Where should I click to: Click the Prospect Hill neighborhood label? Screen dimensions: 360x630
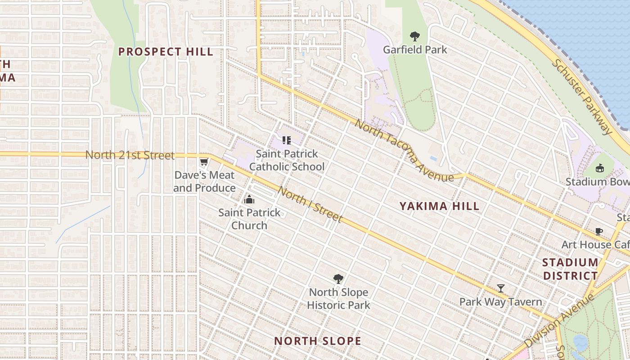tap(166, 52)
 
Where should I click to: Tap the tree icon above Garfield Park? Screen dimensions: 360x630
tap(415, 36)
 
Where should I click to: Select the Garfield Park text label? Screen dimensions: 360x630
tap(415, 49)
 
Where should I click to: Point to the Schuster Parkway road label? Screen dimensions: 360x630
tap(582, 97)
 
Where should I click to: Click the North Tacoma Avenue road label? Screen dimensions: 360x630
tap(404, 151)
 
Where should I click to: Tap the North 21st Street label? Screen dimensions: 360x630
tap(130, 155)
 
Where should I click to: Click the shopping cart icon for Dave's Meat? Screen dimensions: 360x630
tap(204, 162)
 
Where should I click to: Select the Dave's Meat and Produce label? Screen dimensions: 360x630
tap(204, 181)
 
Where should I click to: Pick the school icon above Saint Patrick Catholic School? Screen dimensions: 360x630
tap(287, 140)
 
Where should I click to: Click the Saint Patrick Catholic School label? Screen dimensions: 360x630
tap(287, 160)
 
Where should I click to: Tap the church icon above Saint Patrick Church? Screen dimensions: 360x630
tap(249, 199)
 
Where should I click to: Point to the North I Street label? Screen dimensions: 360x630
tap(310, 205)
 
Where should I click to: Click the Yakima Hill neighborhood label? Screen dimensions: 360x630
tap(440, 206)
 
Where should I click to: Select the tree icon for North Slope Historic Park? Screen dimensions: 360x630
tap(338, 279)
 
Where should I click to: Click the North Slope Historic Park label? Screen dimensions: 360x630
tap(338, 298)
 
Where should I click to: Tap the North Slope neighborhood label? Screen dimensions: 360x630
tap(318, 341)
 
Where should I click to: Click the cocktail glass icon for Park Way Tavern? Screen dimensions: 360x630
tap(500, 288)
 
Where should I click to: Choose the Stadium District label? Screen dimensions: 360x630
tap(570, 269)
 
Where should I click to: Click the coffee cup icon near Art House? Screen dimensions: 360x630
tap(598, 232)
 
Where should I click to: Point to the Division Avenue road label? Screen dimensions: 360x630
tap(559, 320)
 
